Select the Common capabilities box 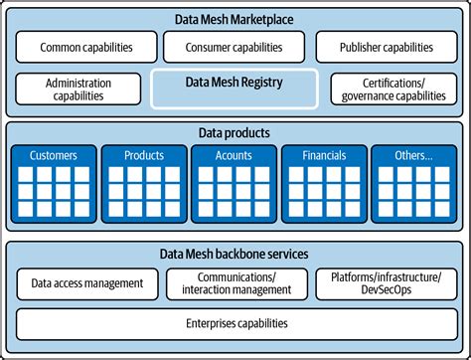point(86,47)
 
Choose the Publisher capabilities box point(387,47)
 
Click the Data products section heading point(235,132)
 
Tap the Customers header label point(54,155)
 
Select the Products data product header point(144,155)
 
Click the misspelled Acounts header point(235,155)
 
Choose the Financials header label point(325,155)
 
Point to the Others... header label point(414,155)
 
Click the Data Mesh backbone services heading point(235,254)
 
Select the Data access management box point(86,283)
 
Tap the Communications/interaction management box point(235,283)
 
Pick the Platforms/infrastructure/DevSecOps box point(387,283)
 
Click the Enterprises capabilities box point(235,323)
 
